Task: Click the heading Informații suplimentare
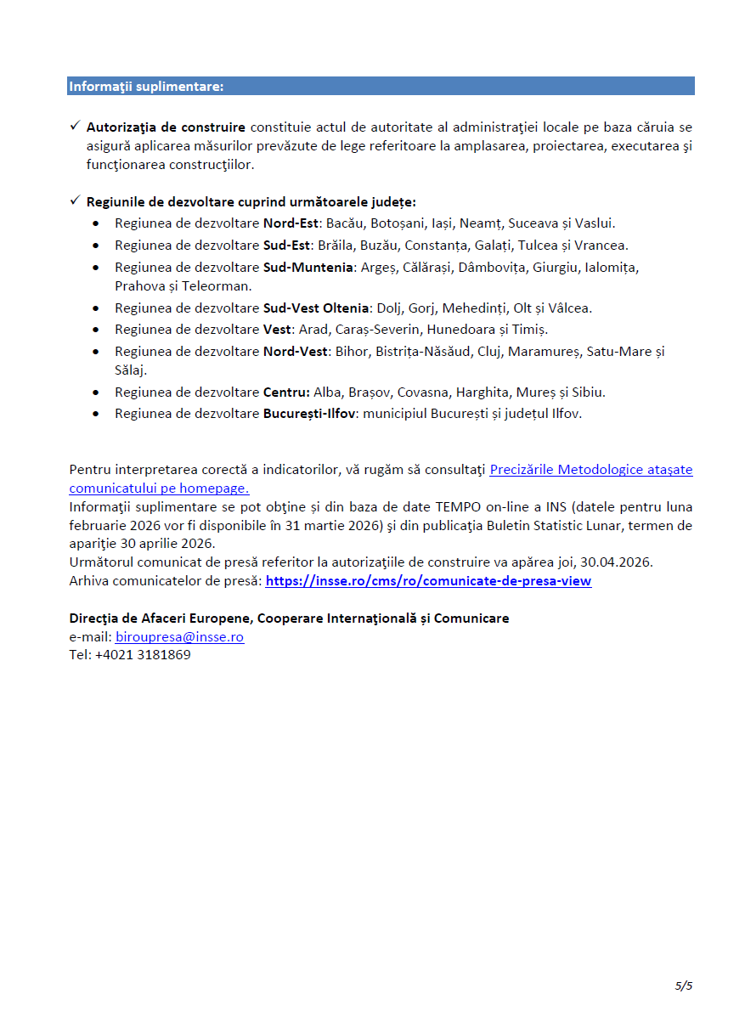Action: point(146,87)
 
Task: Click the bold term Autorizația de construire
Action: point(166,127)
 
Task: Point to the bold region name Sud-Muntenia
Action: point(308,268)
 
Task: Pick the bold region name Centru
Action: point(286,393)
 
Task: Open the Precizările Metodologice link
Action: point(590,469)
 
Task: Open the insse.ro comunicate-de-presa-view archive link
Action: point(428,581)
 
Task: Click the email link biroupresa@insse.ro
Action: point(179,637)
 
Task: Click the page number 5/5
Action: point(684,986)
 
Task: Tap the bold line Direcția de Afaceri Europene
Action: point(289,618)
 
